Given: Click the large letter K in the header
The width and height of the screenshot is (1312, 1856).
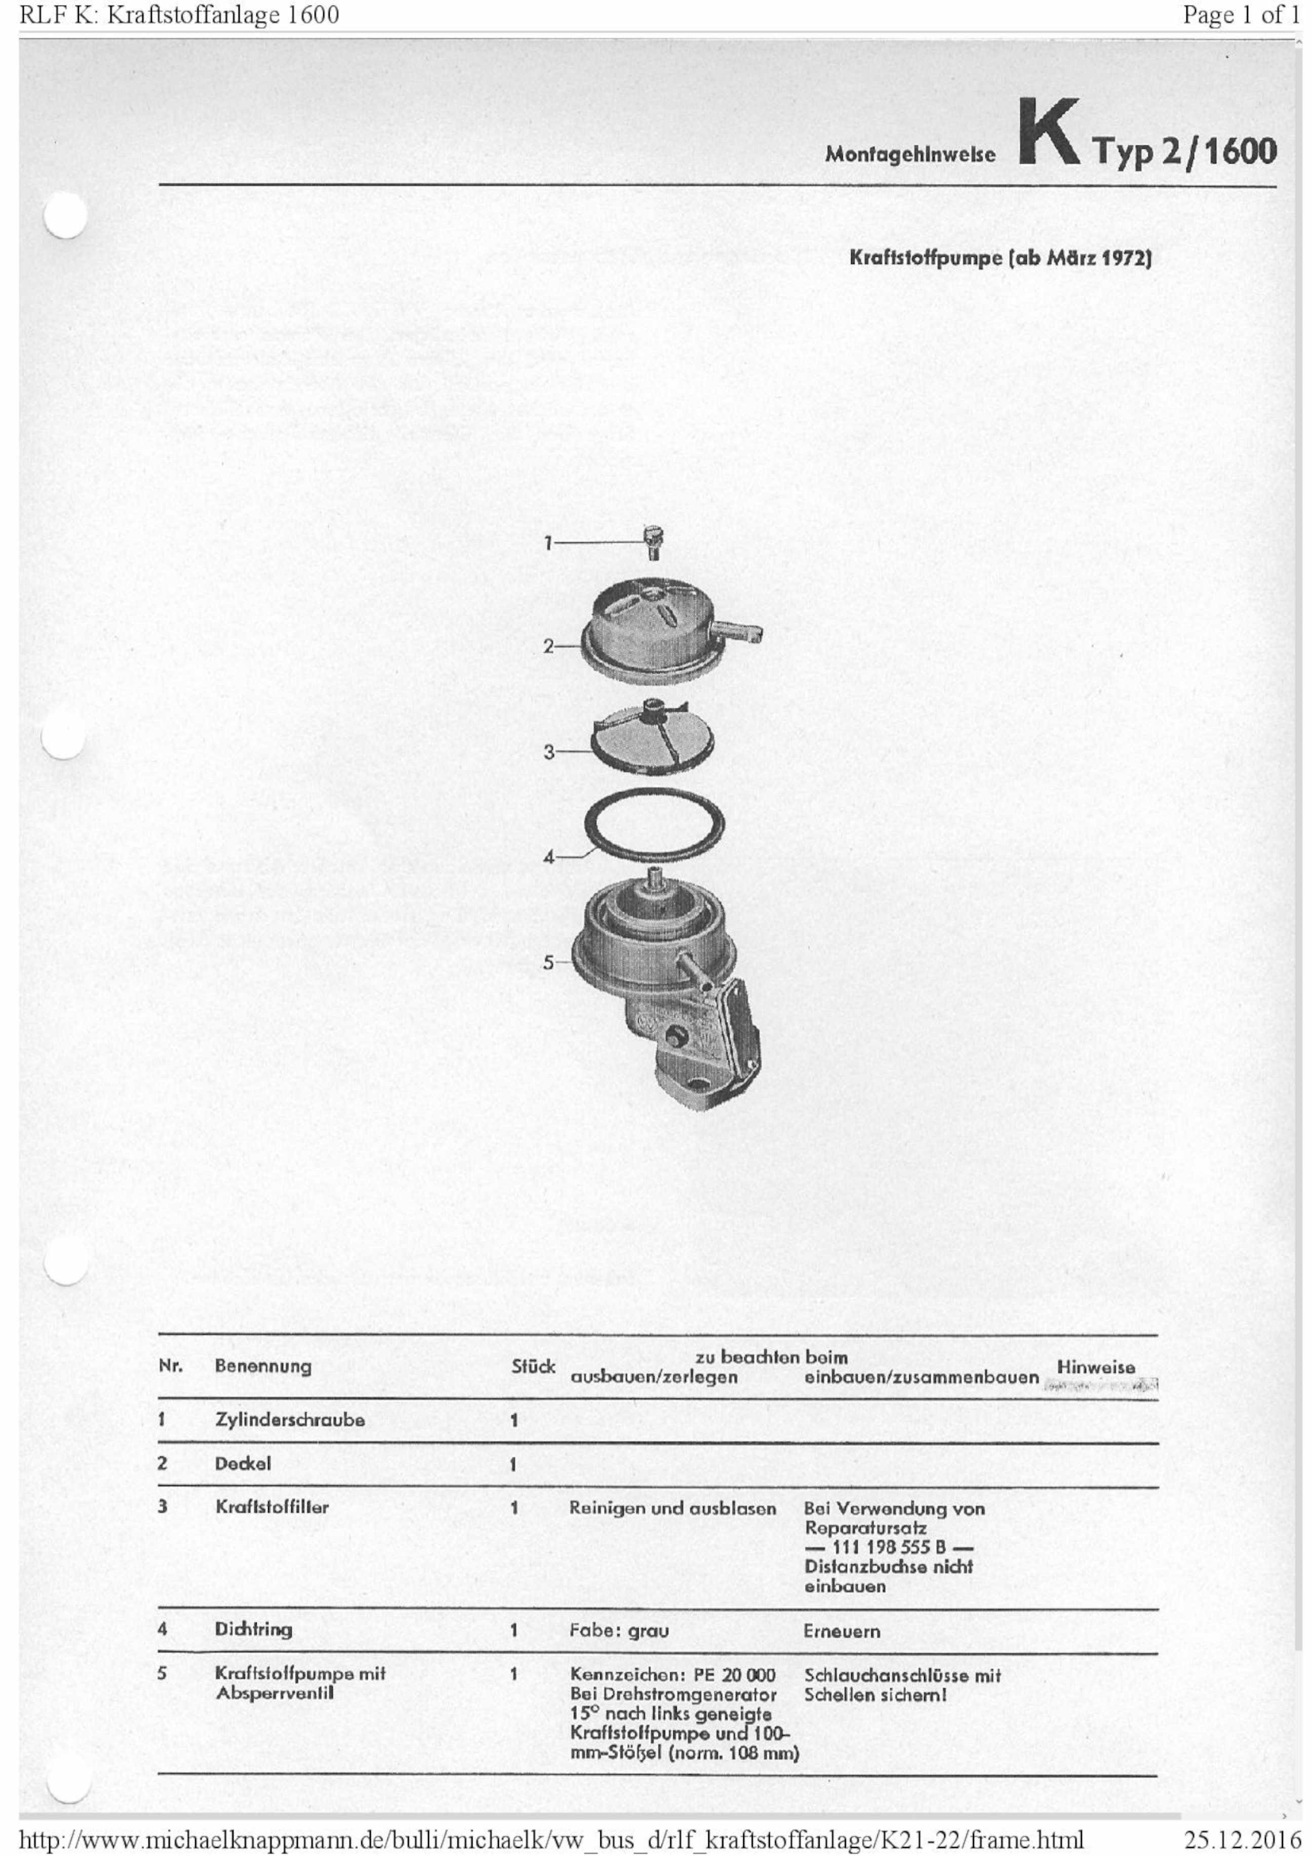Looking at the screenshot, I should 1049,133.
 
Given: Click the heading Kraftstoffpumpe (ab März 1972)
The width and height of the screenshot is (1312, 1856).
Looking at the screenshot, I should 1000,259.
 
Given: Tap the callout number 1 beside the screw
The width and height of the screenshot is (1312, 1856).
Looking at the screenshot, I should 548,543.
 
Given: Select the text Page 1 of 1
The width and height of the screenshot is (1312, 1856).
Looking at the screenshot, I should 1242,15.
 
